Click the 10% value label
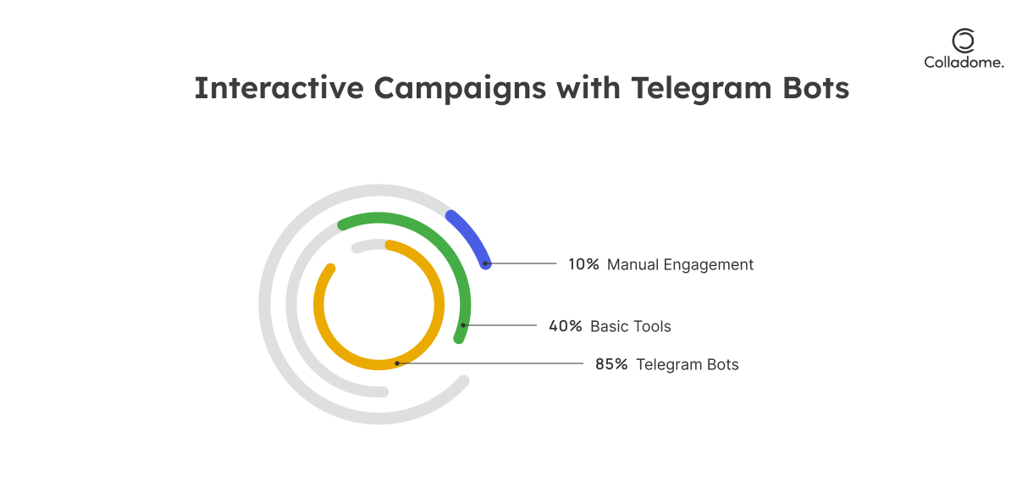(583, 264)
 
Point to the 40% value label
(566, 326)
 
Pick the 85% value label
(611, 364)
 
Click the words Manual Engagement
(680, 265)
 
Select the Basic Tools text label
(631, 326)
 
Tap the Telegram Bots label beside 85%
(688, 364)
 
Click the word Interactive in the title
(279, 88)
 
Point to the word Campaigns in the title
(460, 89)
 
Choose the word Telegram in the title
(701, 89)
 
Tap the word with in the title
(588, 88)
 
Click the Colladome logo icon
(964, 41)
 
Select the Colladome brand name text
(964, 63)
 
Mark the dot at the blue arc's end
(485, 263)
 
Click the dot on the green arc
(463, 325)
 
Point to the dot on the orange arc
(397, 363)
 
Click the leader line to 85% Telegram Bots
(490, 363)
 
